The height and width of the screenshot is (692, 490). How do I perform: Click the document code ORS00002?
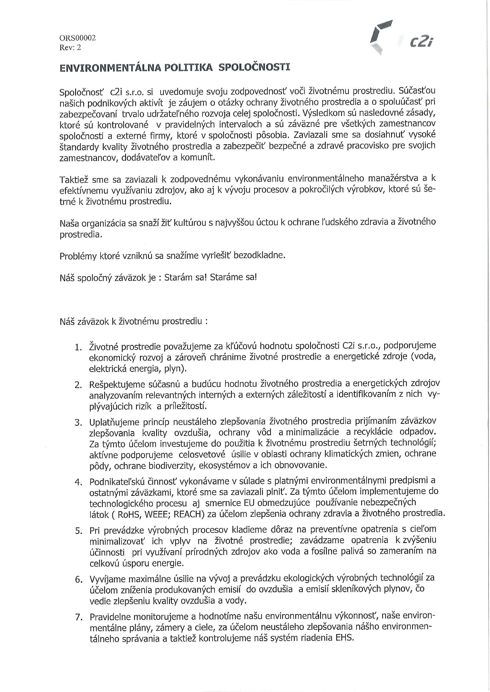coord(78,38)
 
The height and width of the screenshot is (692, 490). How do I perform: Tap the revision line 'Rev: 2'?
coord(70,48)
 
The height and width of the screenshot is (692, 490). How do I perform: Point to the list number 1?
coord(78,348)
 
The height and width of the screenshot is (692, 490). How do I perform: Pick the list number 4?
coord(78,482)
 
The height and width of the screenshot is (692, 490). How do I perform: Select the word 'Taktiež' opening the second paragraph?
coord(74,180)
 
